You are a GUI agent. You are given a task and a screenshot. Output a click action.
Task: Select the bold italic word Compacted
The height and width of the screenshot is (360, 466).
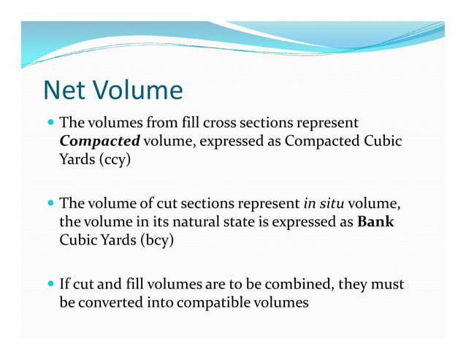pos(99,140)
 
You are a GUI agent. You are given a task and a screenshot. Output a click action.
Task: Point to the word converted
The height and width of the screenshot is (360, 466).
pos(106,301)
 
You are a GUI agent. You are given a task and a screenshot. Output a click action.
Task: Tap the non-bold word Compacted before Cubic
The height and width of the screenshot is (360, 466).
pos(322,140)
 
